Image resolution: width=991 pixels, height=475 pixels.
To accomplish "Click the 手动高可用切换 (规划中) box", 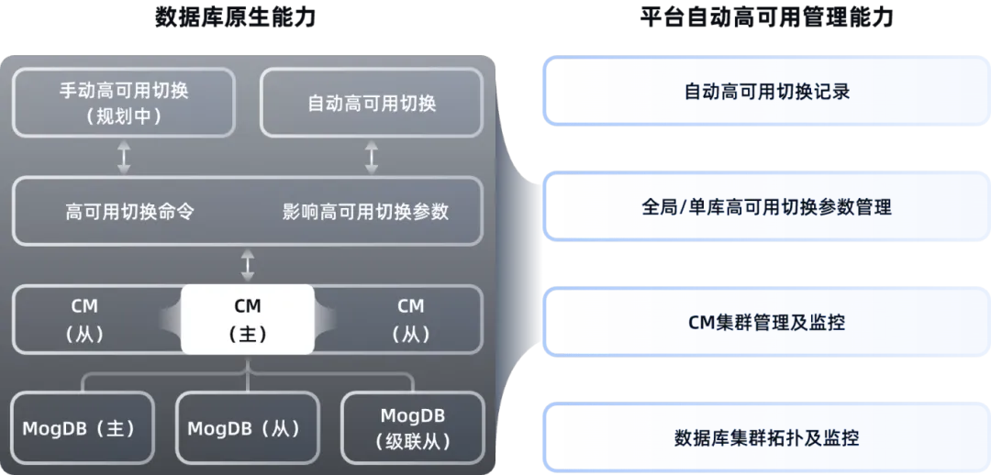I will coord(123,104).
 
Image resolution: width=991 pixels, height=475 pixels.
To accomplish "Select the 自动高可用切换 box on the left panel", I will coord(372,104).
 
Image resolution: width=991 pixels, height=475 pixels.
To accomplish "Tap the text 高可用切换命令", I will coord(129,211).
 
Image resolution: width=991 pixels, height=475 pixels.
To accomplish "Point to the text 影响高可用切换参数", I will coord(365,211).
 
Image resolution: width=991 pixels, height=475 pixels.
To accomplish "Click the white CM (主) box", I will coord(247,319).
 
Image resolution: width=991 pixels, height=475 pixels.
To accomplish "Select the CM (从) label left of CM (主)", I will coord(84,319).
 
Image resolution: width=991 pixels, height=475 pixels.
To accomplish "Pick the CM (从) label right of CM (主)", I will coord(410,319).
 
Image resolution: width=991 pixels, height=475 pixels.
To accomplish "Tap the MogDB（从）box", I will coord(247,428).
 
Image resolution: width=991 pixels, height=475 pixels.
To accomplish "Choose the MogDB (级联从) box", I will coord(412,428).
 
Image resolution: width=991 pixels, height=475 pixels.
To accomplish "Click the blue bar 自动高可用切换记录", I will coord(767,92).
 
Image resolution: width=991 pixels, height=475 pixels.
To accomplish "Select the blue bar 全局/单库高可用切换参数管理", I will coord(767,207).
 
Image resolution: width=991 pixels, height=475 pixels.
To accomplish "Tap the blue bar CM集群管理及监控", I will coord(767,323).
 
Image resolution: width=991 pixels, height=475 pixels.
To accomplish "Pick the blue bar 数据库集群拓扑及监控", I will coord(767,437).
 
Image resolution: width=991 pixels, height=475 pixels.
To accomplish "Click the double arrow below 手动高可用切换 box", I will coord(124,157).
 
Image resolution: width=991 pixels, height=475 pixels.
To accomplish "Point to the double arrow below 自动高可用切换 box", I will coord(372,157).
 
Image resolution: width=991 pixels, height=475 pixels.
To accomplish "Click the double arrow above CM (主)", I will coord(247,265).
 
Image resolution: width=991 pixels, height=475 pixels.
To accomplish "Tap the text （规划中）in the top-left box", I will coord(123,116).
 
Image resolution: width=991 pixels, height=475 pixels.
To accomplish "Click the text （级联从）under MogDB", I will coord(412,441).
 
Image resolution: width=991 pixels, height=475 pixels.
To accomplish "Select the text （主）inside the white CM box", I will coord(247,334).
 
